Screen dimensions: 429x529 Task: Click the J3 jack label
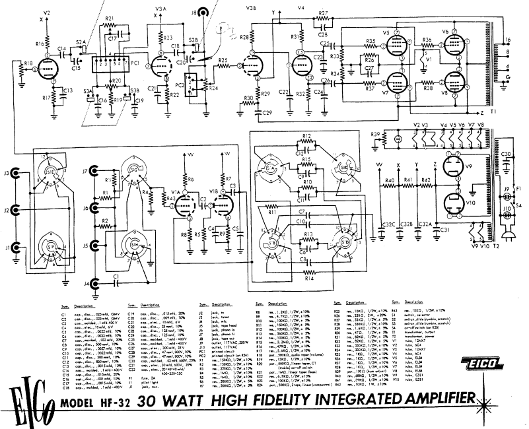(x=7, y=175)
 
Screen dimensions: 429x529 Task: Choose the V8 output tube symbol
(x=455, y=84)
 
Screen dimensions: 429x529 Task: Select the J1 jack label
(x=7, y=247)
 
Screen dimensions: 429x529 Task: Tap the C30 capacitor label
(x=507, y=154)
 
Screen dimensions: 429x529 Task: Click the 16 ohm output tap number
(x=507, y=40)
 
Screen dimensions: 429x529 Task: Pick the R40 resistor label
(x=390, y=181)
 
